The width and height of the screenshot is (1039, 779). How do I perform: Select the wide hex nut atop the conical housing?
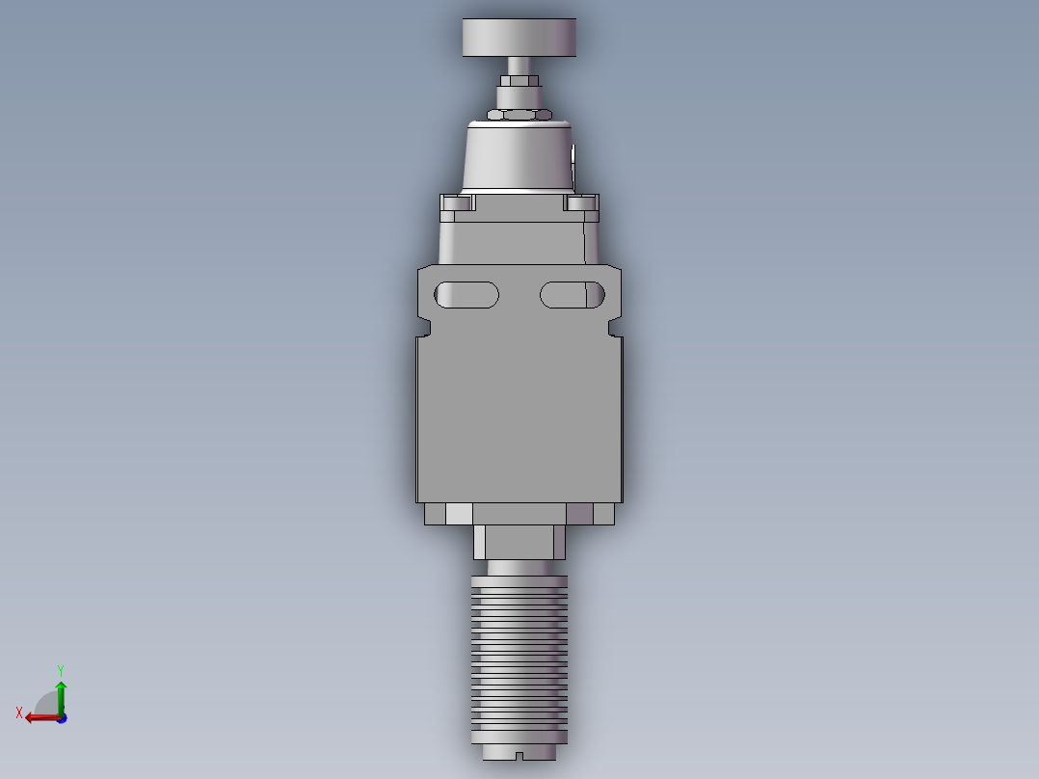tap(519, 115)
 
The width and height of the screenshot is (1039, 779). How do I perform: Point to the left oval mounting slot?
tap(466, 294)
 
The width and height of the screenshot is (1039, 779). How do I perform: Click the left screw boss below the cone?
tap(458, 202)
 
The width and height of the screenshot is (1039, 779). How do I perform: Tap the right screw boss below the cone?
tap(581, 202)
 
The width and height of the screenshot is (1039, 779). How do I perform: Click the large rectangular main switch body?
tap(519, 415)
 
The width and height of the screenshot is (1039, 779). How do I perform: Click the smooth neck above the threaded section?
tap(519, 568)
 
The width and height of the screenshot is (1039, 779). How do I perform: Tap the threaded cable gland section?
tap(519, 656)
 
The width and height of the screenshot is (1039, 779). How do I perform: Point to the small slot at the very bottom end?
tap(519, 755)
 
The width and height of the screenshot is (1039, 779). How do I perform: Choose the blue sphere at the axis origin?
tap(61, 717)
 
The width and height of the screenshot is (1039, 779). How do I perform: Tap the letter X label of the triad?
tap(19, 712)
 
